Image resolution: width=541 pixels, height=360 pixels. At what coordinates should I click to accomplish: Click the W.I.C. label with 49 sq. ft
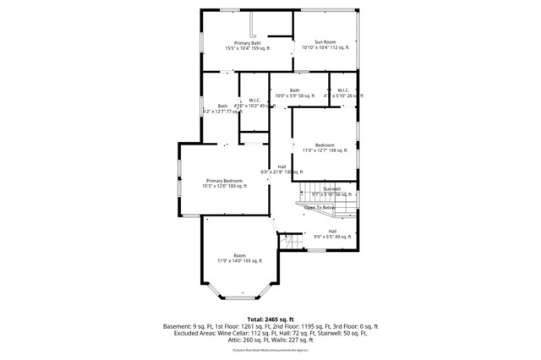pyautogui.click(x=254, y=103)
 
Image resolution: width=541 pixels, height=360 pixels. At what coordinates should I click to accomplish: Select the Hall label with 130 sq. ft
pyautogui.click(x=281, y=169)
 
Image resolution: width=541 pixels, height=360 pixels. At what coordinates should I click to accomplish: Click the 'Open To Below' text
pyautogui.click(x=320, y=207)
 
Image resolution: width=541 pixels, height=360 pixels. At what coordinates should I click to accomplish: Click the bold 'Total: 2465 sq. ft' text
pyautogui.click(x=270, y=319)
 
